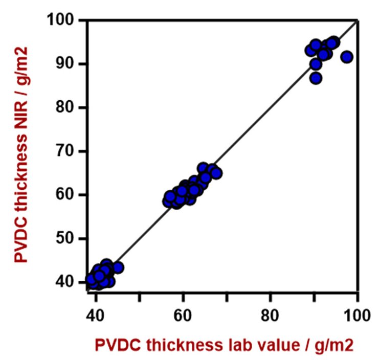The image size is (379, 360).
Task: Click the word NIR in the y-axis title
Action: point(21,115)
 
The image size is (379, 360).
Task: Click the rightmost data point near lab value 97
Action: point(347,57)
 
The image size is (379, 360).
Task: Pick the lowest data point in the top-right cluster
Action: point(316,78)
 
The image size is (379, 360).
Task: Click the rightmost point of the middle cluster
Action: point(216,173)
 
